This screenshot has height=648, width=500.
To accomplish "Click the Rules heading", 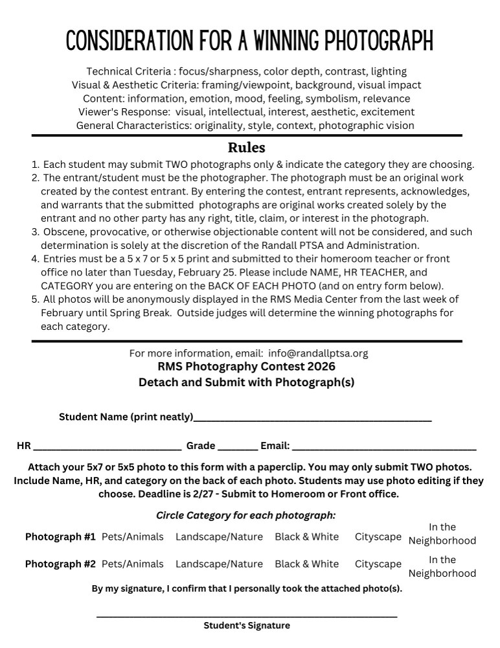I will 246,147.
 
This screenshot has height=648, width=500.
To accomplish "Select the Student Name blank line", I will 312,420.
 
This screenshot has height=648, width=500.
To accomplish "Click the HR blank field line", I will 107,448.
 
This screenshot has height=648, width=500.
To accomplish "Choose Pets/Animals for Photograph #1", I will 132,537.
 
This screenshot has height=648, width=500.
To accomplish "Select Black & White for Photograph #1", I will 306,537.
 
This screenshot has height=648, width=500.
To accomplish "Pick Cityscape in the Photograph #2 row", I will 378,564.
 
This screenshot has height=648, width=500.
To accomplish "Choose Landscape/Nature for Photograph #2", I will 219,564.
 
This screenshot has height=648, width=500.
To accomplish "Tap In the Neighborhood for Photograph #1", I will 442,534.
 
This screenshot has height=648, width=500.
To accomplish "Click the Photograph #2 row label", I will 60,564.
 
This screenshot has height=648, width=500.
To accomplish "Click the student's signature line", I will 246,615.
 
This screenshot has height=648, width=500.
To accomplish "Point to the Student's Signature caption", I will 246,626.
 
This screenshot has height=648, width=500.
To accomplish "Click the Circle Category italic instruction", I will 246,516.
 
